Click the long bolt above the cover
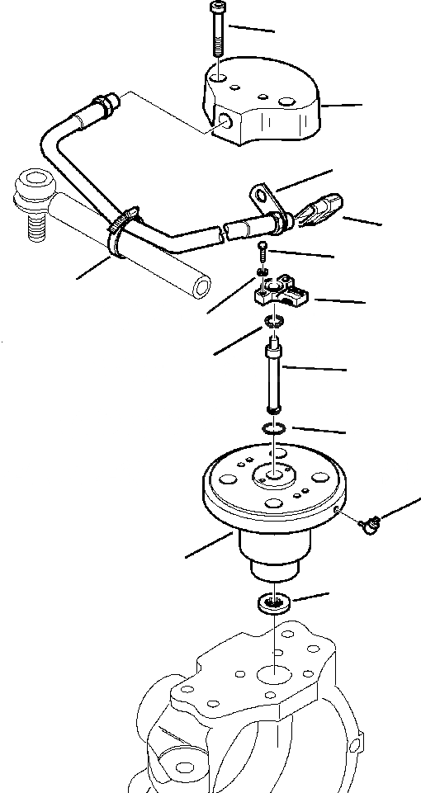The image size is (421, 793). (x=216, y=37)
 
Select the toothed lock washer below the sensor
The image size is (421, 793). (x=275, y=322)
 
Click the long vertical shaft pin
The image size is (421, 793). (x=274, y=375)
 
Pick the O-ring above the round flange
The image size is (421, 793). (x=274, y=428)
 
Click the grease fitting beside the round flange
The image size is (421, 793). (x=371, y=522)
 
